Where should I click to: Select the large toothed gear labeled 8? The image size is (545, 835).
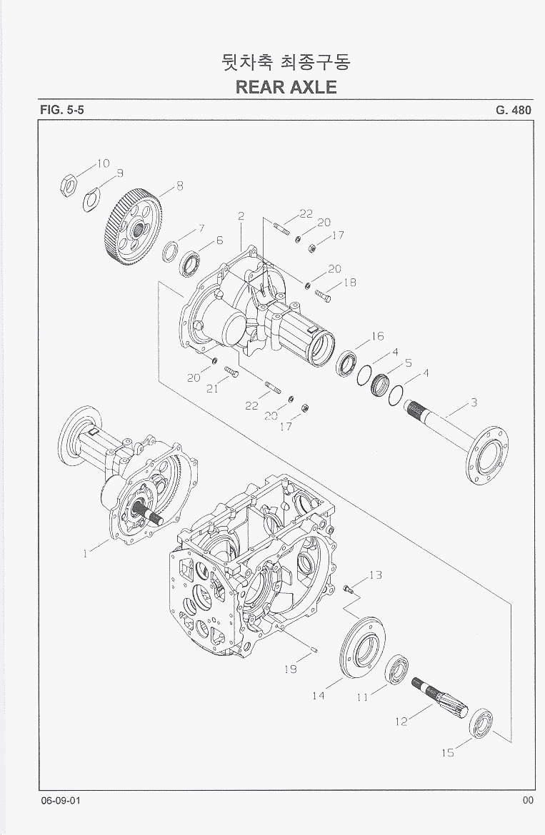click(x=134, y=225)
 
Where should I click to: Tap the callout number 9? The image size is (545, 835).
click(x=119, y=173)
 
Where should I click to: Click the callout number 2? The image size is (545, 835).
click(x=241, y=216)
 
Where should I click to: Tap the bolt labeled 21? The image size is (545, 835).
click(x=231, y=372)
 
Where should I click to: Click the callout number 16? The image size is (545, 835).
click(x=377, y=336)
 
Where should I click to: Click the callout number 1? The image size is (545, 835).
click(x=86, y=553)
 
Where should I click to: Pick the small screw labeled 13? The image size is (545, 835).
click(x=348, y=588)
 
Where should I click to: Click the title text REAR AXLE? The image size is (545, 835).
click(x=286, y=87)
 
